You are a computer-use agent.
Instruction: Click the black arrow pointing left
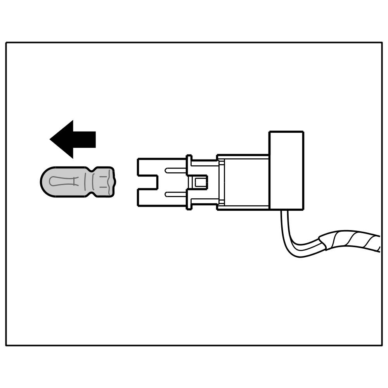pos(74,139)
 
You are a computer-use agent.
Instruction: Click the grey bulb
pos(78,182)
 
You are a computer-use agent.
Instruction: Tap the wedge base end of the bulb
pos(107,182)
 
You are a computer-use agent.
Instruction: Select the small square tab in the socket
pos(200,182)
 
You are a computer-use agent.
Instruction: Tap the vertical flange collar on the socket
pos(189,182)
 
